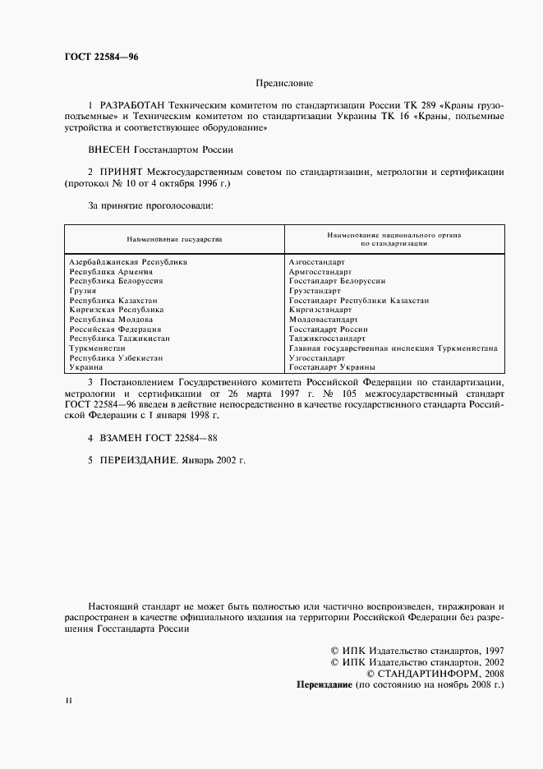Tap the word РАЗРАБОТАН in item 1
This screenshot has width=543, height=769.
tap(131, 107)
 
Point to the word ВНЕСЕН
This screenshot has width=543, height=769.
tap(108, 150)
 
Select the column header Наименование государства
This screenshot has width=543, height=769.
tap(174, 239)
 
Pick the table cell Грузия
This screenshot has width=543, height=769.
tap(83, 291)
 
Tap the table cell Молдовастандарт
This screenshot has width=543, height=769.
tap(323, 320)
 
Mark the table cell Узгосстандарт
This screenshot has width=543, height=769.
tap(317, 358)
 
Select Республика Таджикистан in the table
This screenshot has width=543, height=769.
tap(120, 338)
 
